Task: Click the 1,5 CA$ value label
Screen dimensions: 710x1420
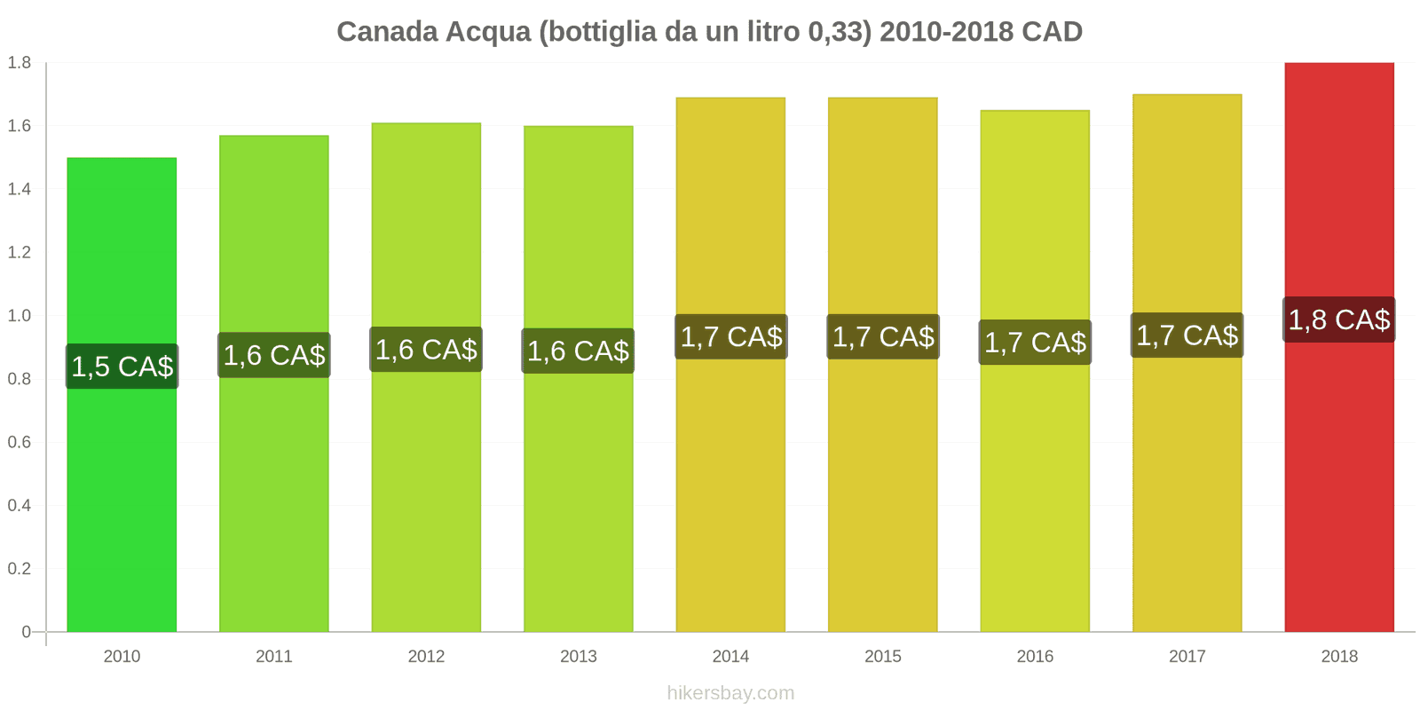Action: tap(122, 367)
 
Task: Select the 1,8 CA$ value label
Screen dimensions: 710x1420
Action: tap(1338, 319)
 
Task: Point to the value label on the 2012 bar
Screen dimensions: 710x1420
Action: tap(426, 350)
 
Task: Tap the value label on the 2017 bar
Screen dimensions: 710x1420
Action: tap(1187, 335)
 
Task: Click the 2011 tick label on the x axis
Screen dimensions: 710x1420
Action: tap(273, 657)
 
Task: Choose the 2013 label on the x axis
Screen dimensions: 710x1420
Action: tap(578, 657)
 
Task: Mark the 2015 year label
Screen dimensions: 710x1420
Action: tap(882, 657)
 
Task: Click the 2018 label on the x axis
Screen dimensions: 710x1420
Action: tap(1338, 657)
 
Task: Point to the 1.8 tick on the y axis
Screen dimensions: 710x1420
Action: tap(20, 63)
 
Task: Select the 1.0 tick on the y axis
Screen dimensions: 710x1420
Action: tap(20, 316)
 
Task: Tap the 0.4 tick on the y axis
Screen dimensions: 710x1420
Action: tap(20, 506)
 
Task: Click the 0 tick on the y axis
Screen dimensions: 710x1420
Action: tap(27, 632)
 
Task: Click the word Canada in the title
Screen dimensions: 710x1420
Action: tap(387, 32)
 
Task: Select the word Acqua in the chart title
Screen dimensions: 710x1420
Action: tap(487, 32)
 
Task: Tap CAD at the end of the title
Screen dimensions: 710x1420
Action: tap(1052, 32)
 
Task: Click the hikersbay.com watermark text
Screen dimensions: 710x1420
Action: tap(730, 693)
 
